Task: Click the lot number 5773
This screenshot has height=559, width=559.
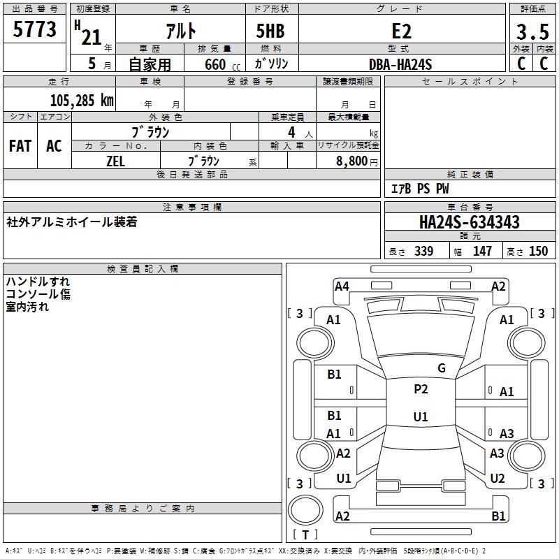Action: (34, 30)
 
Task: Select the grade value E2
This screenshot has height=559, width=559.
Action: (401, 31)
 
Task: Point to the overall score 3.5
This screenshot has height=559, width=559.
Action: (532, 31)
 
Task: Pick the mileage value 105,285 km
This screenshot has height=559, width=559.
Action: (82, 100)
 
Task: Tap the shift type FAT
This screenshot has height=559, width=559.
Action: (20, 145)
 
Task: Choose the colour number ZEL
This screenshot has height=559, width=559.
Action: (115, 161)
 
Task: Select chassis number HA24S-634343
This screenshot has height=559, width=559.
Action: (469, 223)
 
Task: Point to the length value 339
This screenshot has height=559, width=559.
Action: (423, 251)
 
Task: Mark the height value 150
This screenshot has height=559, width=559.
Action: (538, 251)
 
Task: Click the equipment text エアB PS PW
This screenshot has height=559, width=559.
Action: (419, 189)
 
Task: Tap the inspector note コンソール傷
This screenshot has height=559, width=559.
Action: (38, 294)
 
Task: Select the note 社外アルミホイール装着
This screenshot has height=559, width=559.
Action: (71, 222)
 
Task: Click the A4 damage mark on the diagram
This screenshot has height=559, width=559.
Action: (342, 286)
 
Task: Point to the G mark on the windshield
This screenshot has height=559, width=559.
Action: (441, 368)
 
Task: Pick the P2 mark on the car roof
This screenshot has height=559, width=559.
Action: (421, 389)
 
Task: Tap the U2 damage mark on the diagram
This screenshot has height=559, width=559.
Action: (497, 479)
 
